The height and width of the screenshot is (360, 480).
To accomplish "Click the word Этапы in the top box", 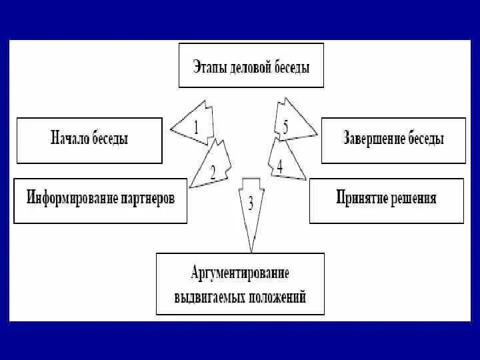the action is coord(209,67).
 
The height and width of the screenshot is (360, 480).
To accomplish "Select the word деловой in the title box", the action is coord(247,67).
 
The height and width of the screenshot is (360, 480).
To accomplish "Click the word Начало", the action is coord(70,139).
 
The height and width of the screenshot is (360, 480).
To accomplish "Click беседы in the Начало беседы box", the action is coord(109,139).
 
